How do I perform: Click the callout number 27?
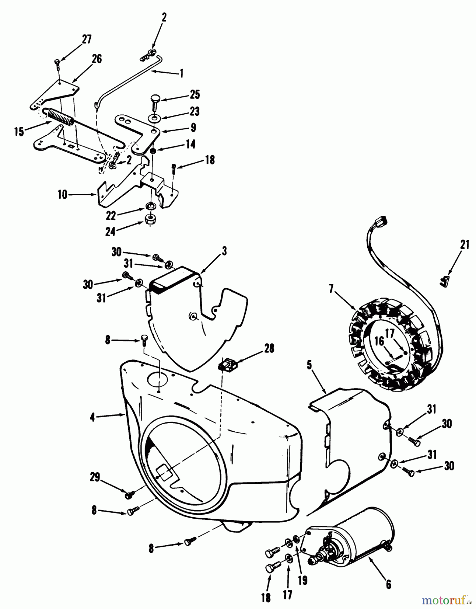click(87, 39)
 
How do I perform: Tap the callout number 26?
click(96, 59)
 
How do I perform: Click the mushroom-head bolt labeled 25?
click(155, 100)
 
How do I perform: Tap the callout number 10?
click(63, 195)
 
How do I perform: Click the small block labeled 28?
click(228, 364)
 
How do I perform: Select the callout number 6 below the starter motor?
click(388, 584)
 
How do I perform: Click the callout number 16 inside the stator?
click(380, 341)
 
